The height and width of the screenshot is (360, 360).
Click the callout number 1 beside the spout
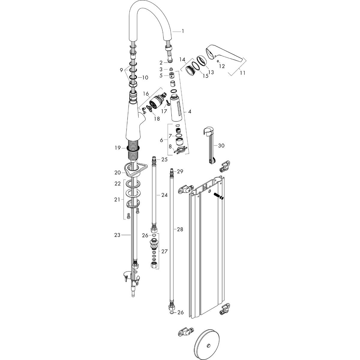[x=183, y=31]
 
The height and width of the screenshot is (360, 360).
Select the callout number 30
[x=221, y=145]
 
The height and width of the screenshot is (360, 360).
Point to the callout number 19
[x=118, y=148]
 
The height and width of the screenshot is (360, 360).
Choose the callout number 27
[x=165, y=251]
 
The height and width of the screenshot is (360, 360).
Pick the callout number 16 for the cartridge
[x=146, y=94]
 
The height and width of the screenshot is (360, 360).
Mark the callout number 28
[x=180, y=229]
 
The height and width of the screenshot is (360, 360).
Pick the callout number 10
[x=145, y=78]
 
